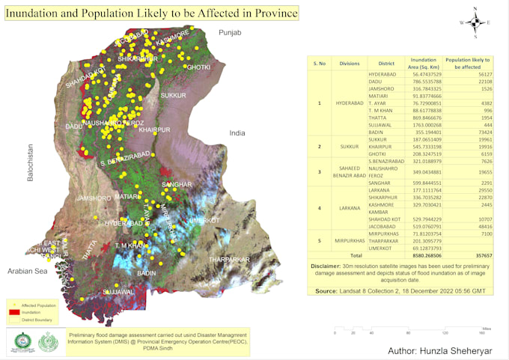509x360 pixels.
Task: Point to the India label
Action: pyautogui.click(x=237, y=132)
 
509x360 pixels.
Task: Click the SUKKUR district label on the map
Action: pyautogui.click(x=173, y=96)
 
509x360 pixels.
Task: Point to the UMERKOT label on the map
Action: pyautogui.click(x=204, y=221)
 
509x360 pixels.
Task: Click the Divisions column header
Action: pyautogui.click(x=350, y=64)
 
